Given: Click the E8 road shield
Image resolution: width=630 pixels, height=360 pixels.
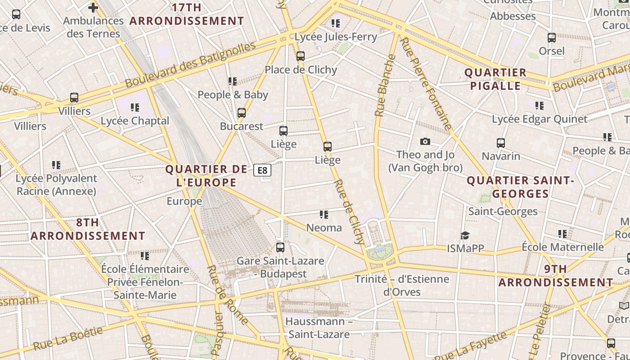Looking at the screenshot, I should click(x=262, y=170).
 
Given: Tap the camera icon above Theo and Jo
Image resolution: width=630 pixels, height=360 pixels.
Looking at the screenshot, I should click(x=425, y=142).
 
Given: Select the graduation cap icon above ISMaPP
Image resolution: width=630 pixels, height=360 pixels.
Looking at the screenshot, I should click(x=465, y=235).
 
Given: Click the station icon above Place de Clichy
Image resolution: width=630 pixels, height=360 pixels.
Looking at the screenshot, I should click(x=301, y=56).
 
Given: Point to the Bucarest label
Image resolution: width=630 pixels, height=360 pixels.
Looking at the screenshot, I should click(x=242, y=126).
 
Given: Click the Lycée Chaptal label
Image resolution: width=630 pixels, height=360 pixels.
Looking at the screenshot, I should click(x=135, y=121).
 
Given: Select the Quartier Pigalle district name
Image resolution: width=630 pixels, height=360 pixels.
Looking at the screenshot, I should click(x=495, y=79).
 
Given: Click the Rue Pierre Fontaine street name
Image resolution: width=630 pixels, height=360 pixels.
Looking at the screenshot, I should click(x=425, y=84).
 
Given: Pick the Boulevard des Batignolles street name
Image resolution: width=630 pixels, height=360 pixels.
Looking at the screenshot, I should click(x=190, y=65).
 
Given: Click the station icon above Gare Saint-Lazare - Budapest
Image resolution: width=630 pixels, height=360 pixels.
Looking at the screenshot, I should click(x=280, y=247).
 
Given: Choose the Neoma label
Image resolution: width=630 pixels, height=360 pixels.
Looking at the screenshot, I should click(x=324, y=228).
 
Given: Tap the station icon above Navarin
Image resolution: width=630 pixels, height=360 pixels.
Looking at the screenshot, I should click(x=501, y=143).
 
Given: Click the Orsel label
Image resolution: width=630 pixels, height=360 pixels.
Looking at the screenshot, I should click(x=552, y=51).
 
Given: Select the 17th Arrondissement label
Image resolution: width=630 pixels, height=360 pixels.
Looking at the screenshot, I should click(x=187, y=14).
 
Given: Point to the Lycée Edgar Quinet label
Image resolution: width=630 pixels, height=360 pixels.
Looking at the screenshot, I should click(x=540, y=119).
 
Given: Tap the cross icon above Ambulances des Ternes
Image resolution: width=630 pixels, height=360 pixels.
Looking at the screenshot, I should click(x=93, y=7).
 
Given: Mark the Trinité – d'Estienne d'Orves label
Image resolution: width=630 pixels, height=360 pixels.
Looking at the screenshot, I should click(x=402, y=285).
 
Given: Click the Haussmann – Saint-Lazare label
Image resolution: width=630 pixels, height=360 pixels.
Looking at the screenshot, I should click(x=319, y=328).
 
